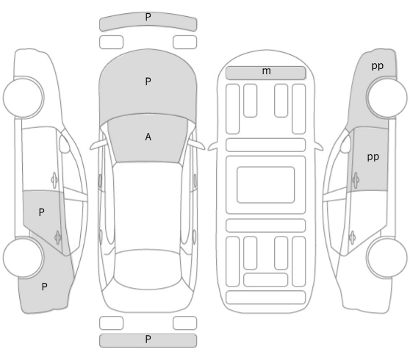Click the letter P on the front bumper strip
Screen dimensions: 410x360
[x=148, y=17]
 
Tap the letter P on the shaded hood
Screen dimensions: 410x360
[x=148, y=82]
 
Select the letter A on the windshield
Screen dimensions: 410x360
[x=148, y=137]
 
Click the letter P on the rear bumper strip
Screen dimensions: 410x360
[x=148, y=339]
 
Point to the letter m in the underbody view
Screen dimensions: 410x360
[x=267, y=71]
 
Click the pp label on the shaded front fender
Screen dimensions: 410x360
[x=378, y=66]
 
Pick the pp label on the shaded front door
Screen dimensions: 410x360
[x=373, y=157]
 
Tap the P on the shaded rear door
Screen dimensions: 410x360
[x=41, y=212]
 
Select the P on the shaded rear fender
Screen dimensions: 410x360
[x=44, y=287]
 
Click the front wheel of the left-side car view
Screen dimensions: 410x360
[x=24, y=97]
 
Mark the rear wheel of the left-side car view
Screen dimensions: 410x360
[x=24, y=258]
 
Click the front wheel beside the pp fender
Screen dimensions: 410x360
[x=386, y=97]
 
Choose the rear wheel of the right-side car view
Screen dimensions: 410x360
[x=386, y=258]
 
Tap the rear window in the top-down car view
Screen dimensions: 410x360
[x=148, y=270]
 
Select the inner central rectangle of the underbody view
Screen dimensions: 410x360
[x=266, y=184]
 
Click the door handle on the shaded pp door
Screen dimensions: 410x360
[x=356, y=180]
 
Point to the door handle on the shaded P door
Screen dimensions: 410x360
[x=58, y=237]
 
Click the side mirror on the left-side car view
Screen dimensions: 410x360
[x=65, y=144]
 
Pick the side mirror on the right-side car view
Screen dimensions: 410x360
[x=345, y=144]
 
